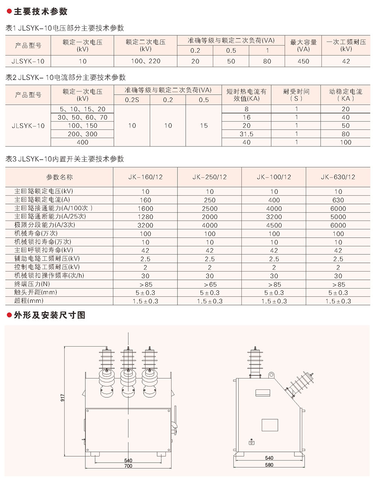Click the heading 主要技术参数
[x=41, y=12]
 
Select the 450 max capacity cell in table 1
[x=303, y=61]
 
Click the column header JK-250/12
[x=209, y=177]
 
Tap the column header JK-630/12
[x=338, y=177]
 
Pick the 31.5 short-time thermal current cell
[x=246, y=134]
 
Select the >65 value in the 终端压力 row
[x=209, y=284]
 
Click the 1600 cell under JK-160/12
[x=145, y=208]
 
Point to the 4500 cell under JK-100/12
[x=274, y=225]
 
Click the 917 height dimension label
[x=62, y=397]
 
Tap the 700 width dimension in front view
[x=128, y=466]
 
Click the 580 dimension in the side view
[x=269, y=465]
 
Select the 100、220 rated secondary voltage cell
[x=146, y=61]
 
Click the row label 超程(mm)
[x=29, y=300]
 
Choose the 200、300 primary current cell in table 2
[x=82, y=134]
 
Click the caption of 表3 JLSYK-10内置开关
[x=65, y=159]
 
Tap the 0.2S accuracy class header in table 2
[x=132, y=100]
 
